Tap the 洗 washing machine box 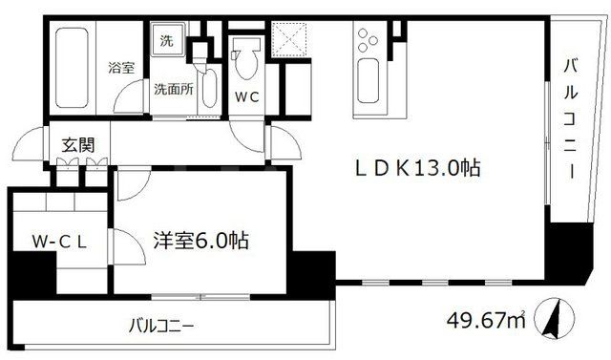click(x=166, y=42)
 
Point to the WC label click(x=246, y=95)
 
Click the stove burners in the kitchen click(x=367, y=43)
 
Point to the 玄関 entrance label click(x=78, y=145)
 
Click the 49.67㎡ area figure click(x=487, y=319)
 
